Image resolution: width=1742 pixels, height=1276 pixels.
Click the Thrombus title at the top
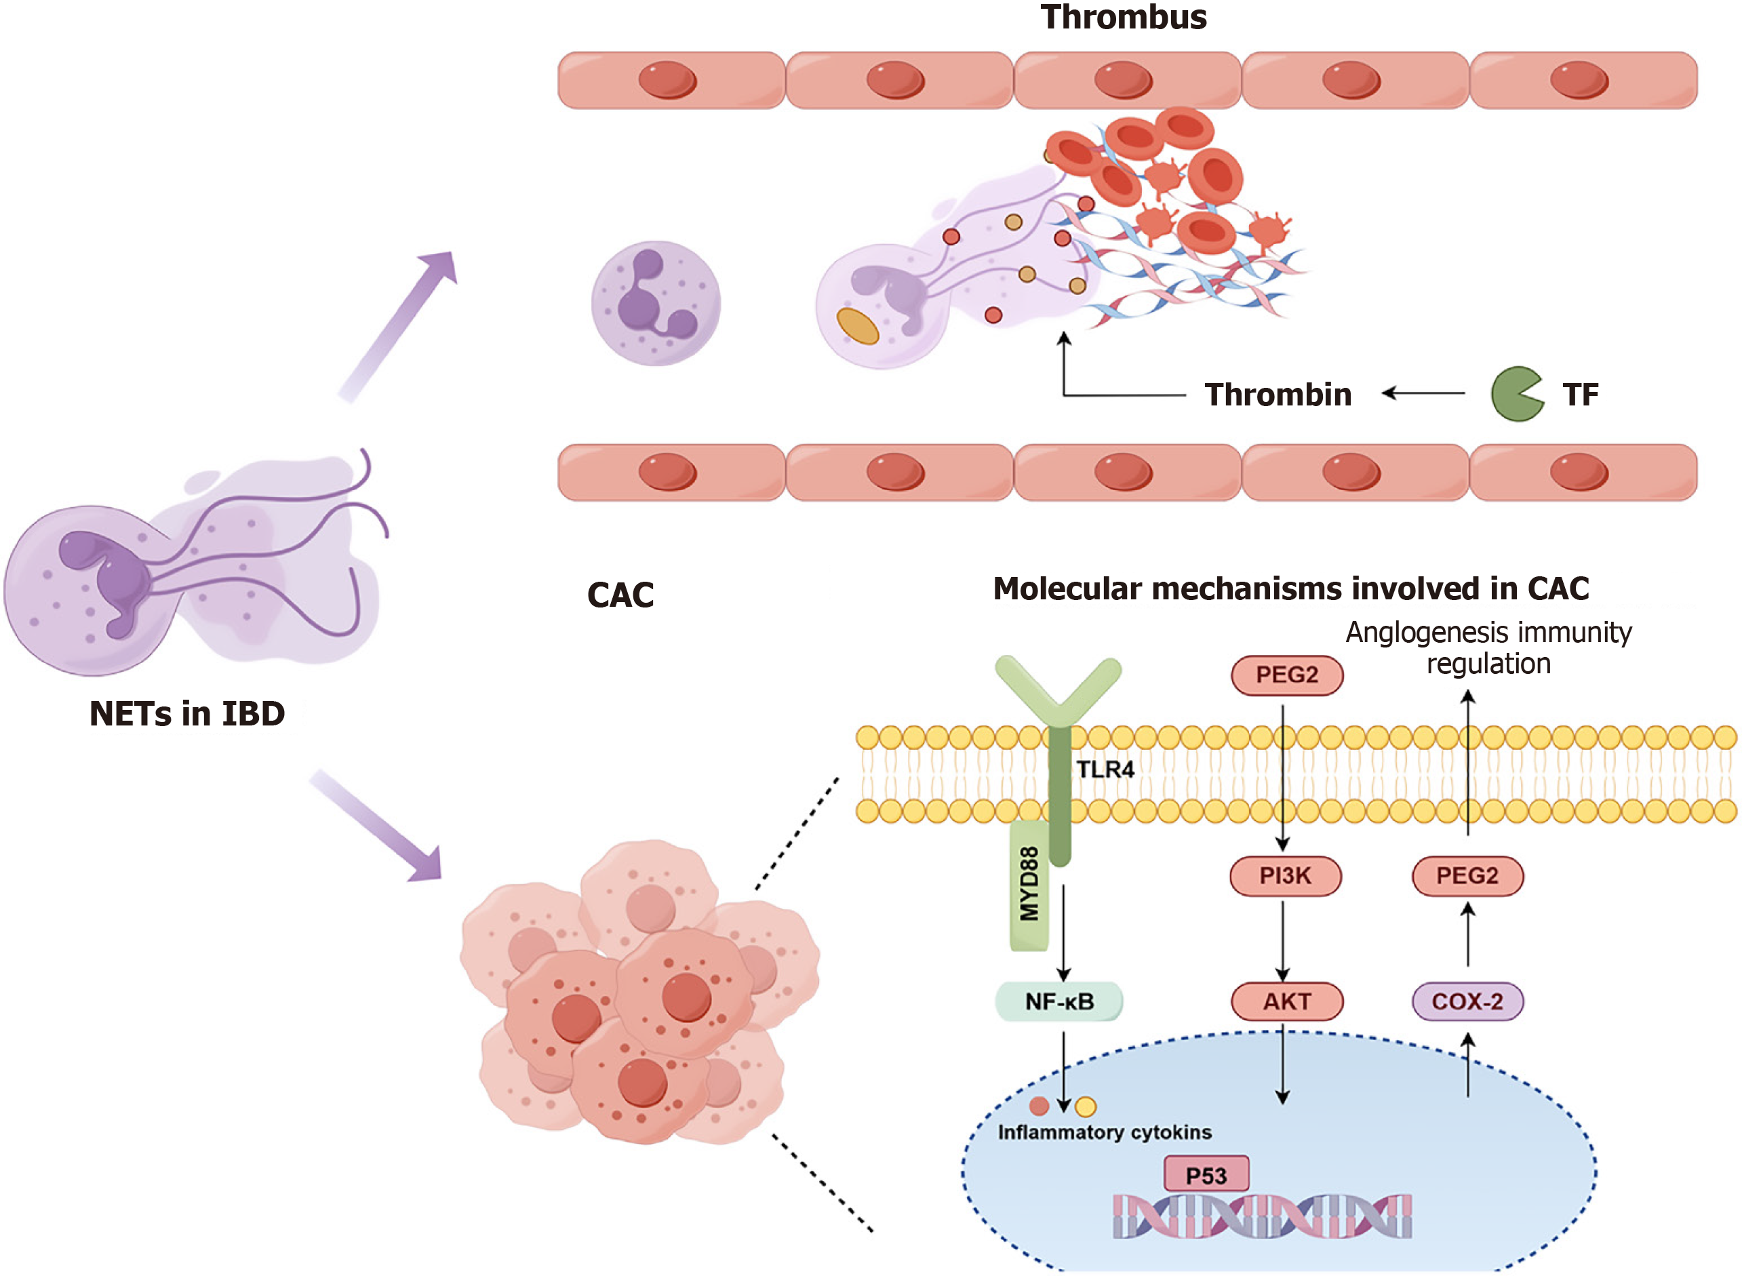[1122, 17]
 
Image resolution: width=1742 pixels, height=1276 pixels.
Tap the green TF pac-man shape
[1515, 394]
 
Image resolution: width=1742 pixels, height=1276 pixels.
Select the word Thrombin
[1278, 395]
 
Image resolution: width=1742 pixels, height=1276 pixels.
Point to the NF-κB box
[1059, 1002]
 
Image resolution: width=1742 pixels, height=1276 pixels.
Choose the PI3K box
[1286, 876]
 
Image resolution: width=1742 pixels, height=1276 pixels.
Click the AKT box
[1286, 1002]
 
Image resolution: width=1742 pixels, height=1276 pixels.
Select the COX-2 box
[1467, 1002]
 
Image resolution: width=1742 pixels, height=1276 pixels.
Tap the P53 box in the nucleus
[1206, 1176]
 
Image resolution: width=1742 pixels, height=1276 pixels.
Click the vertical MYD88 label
[1029, 884]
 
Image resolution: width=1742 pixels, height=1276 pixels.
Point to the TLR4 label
[1105, 770]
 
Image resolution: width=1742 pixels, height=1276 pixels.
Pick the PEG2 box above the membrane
[1286, 675]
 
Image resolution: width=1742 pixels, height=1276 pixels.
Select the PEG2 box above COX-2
[1467, 876]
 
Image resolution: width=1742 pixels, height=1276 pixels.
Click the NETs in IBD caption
[187, 714]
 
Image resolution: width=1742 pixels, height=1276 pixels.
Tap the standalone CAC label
[620, 595]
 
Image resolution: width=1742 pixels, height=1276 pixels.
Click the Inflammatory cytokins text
[1105, 1132]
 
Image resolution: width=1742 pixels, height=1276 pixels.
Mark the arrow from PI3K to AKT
[1283, 938]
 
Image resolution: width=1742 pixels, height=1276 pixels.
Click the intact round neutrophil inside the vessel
[656, 303]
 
